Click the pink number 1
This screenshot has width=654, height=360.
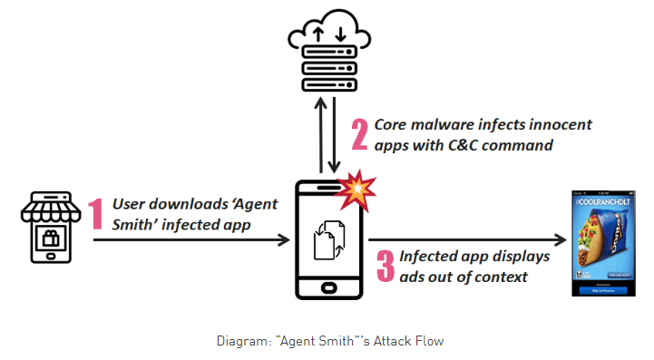(x=96, y=214)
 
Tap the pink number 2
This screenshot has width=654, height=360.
(x=360, y=135)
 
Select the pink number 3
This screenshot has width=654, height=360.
(x=385, y=265)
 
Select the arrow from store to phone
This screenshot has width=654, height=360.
(x=190, y=240)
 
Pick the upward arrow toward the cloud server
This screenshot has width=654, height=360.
(x=319, y=137)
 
